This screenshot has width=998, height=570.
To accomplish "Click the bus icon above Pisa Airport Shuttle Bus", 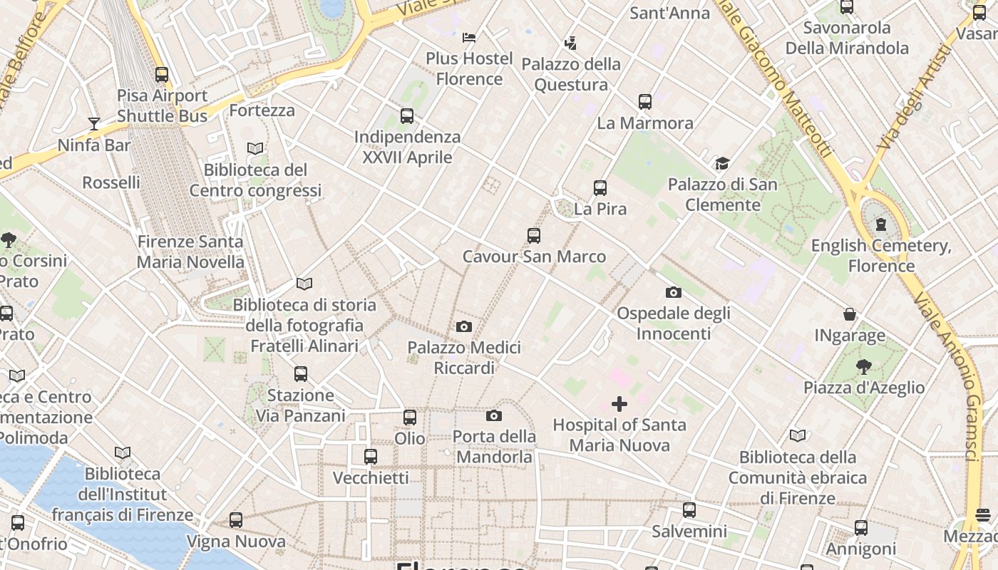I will (162, 75).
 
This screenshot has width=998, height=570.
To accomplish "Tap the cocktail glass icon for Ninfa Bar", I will (94, 124).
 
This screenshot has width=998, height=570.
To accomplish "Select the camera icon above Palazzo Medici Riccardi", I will (464, 327).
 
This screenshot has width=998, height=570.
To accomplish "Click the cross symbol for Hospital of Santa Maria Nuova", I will (619, 404).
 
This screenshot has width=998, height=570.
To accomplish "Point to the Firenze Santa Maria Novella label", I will (190, 252).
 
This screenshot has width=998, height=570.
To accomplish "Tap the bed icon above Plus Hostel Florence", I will (469, 37).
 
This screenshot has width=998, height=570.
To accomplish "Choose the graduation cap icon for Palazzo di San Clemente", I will (722, 164).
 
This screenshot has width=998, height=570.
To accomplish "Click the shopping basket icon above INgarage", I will (850, 314).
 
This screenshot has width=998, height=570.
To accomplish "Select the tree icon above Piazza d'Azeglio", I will (864, 367).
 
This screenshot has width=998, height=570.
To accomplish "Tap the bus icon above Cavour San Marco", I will (534, 236).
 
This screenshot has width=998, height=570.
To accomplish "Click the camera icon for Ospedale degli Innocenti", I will (673, 292).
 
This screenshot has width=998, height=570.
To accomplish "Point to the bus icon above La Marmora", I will (645, 102).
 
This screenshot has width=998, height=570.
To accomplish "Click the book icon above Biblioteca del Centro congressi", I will (255, 149).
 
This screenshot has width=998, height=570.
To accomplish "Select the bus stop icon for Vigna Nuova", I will (236, 520).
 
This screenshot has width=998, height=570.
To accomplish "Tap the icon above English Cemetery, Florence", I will (881, 225).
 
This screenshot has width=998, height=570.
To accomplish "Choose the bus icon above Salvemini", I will (689, 510).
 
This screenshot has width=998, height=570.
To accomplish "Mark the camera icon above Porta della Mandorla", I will (494, 415).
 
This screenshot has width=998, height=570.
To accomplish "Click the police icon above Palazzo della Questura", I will (570, 43).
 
